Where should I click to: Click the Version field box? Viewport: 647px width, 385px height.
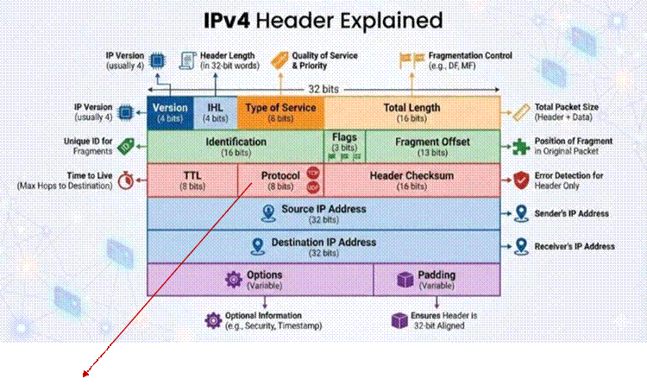(169, 112)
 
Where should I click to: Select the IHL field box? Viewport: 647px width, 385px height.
(214, 112)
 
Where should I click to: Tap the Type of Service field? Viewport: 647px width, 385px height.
(280, 112)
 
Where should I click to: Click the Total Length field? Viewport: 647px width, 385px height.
(411, 112)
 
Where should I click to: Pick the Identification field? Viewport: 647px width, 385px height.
(235, 146)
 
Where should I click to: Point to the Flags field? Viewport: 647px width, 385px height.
(343, 146)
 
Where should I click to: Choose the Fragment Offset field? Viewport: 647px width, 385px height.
(431, 146)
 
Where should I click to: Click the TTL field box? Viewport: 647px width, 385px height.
(192, 180)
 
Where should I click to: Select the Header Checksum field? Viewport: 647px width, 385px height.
(411, 180)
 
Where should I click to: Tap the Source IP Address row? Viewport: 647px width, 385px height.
(323, 213)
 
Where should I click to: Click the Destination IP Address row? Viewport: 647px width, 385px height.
(323, 246)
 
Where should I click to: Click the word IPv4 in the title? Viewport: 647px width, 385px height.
(238, 20)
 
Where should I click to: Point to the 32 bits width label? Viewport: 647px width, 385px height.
(324, 88)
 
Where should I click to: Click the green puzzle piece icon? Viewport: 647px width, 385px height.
(520, 146)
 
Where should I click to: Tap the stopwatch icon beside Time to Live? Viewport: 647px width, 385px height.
(126, 180)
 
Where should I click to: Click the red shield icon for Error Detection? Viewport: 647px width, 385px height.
(520, 180)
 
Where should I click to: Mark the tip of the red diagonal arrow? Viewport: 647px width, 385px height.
(83, 376)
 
